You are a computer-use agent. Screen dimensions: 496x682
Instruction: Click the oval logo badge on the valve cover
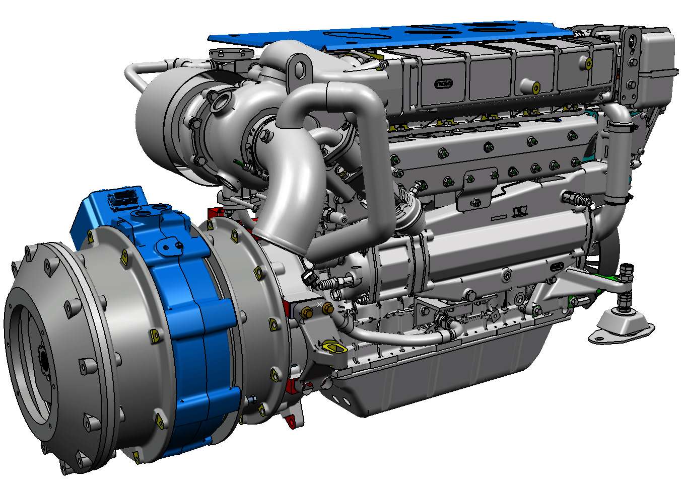coord(443,84)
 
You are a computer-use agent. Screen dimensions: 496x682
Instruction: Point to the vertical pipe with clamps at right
coord(618,161)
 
